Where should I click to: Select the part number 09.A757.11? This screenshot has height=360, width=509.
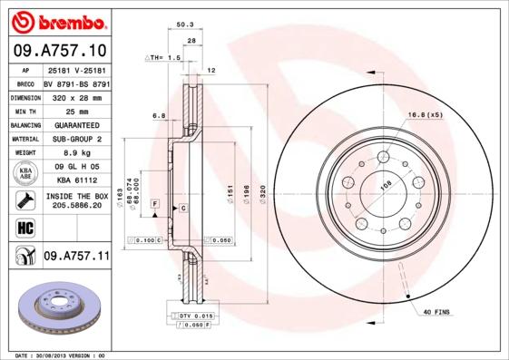[x=76, y=257]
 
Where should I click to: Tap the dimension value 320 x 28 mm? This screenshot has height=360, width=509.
[x=75, y=96]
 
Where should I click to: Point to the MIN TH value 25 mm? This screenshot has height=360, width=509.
[x=75, y=111]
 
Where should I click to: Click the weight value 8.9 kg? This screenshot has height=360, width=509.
[x=75, y=153]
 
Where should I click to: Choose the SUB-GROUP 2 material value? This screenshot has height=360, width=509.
[x=75, y=139]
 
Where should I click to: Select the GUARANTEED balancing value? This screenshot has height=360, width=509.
[x=75, y=125]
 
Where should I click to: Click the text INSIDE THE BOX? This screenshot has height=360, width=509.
[x=76, y=196]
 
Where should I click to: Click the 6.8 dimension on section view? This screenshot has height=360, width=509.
[x=158, y=115]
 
